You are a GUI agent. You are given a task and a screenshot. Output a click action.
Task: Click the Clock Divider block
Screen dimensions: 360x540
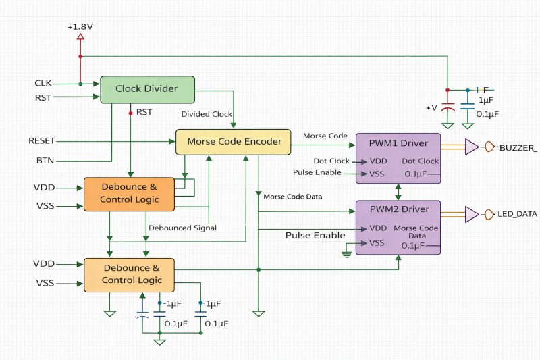[147, 89]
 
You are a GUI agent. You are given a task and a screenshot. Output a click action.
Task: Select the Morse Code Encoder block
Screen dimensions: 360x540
[234, 142]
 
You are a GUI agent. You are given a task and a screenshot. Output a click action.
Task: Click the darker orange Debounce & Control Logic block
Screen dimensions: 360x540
[130, 193]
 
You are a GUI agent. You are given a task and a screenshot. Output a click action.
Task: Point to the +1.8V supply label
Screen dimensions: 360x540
[80, 27]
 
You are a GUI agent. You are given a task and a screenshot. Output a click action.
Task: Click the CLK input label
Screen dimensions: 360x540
[43, 83]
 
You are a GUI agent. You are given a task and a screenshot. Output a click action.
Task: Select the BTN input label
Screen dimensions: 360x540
[45, 161]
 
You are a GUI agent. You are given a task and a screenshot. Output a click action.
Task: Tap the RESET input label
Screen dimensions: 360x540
[42, 140]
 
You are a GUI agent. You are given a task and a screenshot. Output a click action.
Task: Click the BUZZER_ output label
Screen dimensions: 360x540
[518, 147]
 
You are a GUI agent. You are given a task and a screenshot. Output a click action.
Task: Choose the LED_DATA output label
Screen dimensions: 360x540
[518, 214]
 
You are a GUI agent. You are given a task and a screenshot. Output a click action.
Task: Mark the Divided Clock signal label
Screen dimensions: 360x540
[207, 113]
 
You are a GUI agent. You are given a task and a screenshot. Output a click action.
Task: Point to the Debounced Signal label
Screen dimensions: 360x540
[182, 228]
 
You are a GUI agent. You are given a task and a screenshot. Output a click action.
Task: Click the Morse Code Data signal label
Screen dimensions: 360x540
[292, 197]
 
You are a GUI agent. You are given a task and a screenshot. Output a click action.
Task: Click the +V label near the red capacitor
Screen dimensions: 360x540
[431, 108]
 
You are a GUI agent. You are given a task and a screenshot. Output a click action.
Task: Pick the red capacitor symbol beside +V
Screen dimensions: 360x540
[447, 106]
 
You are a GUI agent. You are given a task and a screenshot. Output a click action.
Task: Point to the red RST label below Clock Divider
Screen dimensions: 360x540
[144, 112]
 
